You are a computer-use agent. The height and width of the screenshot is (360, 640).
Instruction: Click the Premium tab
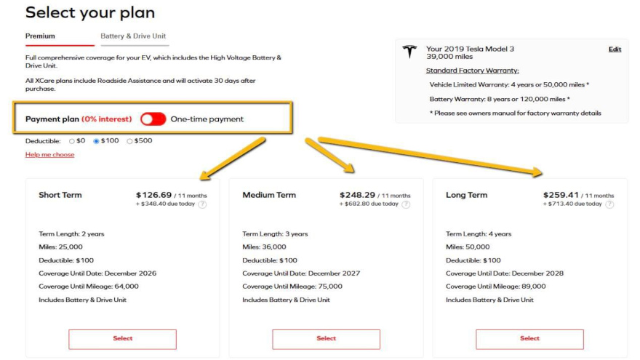[40, 36]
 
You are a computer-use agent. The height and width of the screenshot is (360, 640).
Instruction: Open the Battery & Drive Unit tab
[133, 36]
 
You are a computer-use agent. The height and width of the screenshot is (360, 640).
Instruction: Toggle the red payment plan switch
[153, 119]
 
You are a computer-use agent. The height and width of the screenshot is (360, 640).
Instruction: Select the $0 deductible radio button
[72, 141]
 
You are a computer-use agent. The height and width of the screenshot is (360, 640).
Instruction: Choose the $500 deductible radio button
[129, 141]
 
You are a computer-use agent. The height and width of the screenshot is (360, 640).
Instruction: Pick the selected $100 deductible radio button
[96, 141]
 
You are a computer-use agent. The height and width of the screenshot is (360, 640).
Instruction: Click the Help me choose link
[49, 154]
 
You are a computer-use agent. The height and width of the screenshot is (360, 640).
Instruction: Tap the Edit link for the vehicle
[615, 49]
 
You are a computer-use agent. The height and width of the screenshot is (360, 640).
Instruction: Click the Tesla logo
[409, 52]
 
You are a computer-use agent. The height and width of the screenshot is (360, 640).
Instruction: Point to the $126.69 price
[154, 195]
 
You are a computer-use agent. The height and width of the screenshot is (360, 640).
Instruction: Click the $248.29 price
[357, 195]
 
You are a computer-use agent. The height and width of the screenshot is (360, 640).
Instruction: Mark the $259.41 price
[561, 195]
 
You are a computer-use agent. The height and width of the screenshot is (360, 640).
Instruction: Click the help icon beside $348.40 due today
[202, 204]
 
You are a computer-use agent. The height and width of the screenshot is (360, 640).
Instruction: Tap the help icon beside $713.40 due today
[609, 204]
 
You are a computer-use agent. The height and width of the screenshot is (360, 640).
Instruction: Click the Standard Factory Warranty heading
[472, 71]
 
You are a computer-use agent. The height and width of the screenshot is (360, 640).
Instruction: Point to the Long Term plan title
[466, 195]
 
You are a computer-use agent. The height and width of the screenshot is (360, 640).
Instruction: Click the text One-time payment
[207, 119]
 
